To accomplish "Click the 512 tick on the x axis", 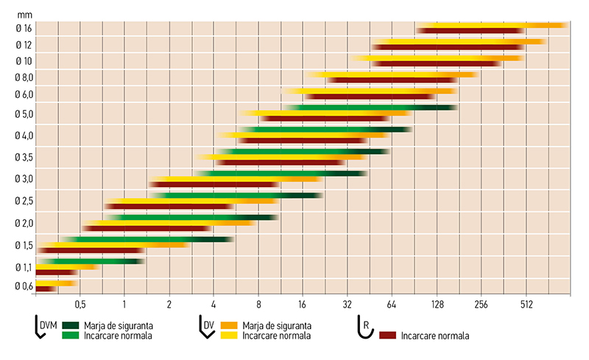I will (526, 303).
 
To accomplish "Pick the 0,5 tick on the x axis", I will (80, 303).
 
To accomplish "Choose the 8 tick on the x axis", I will (258, 303).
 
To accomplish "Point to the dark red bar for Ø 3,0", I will (214, 184).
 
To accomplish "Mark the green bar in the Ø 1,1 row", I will (92, 261).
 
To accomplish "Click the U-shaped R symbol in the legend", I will (363, 330).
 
